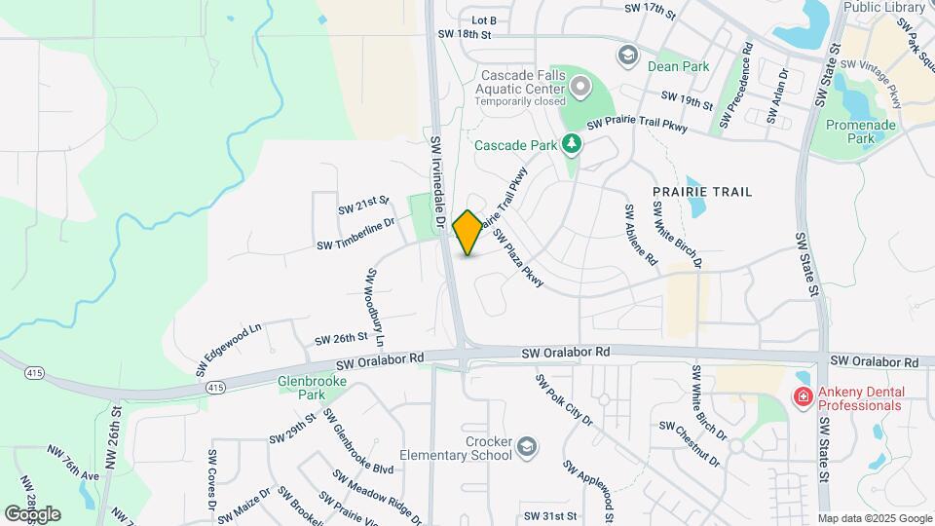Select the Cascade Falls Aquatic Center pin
(581, 89)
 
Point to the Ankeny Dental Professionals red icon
(803, 397)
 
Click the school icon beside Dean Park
(627, 54)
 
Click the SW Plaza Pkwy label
(517, 259)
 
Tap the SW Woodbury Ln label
(375, 308)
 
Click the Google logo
(32, 513)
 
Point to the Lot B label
(484, 20)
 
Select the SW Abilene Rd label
(642, 235)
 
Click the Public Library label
(884, 7)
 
